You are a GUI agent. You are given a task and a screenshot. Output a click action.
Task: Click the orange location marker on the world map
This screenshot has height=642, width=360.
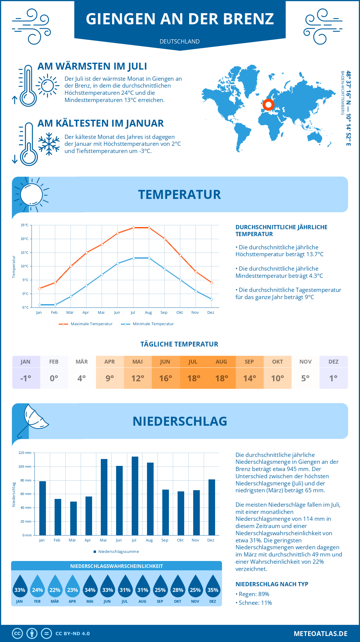(268, 105)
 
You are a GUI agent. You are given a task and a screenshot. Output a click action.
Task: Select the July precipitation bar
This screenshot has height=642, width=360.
(135, 496)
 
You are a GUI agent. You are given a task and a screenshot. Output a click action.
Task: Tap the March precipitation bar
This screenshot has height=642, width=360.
(73, 518)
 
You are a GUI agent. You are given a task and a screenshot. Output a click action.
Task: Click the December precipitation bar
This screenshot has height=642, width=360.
(212, 507)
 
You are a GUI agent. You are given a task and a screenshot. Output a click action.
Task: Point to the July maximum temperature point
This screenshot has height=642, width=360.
(133, 228)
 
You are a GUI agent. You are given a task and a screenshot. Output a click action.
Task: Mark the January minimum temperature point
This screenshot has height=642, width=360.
(40, 305)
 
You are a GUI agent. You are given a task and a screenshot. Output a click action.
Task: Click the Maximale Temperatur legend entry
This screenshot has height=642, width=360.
(86, 324)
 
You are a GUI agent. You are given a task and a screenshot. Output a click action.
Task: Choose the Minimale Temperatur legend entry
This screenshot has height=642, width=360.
(148, 324)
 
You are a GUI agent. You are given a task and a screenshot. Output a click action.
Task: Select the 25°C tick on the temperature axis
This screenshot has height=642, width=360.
(25, 225)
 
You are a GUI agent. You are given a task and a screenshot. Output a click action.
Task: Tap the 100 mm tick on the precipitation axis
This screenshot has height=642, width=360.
(25, 466)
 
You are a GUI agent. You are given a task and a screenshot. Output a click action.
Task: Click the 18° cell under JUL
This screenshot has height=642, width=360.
(193, 378)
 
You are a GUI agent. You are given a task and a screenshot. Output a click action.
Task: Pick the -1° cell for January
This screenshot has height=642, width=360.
(26, 378)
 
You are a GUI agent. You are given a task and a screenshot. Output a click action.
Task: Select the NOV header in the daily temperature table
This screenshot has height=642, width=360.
(305, 362)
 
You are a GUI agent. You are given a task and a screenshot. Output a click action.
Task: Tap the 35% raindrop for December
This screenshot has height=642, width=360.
(213, 587)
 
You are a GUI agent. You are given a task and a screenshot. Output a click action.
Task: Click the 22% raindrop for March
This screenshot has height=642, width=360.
(55, 587)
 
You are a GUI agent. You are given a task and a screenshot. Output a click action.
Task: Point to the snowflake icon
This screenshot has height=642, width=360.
(49, 144)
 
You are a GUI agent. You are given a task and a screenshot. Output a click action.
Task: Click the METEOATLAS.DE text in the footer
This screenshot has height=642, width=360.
(320, 634)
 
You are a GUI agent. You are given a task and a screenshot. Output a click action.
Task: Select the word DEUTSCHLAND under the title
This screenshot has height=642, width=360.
(180, 41)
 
